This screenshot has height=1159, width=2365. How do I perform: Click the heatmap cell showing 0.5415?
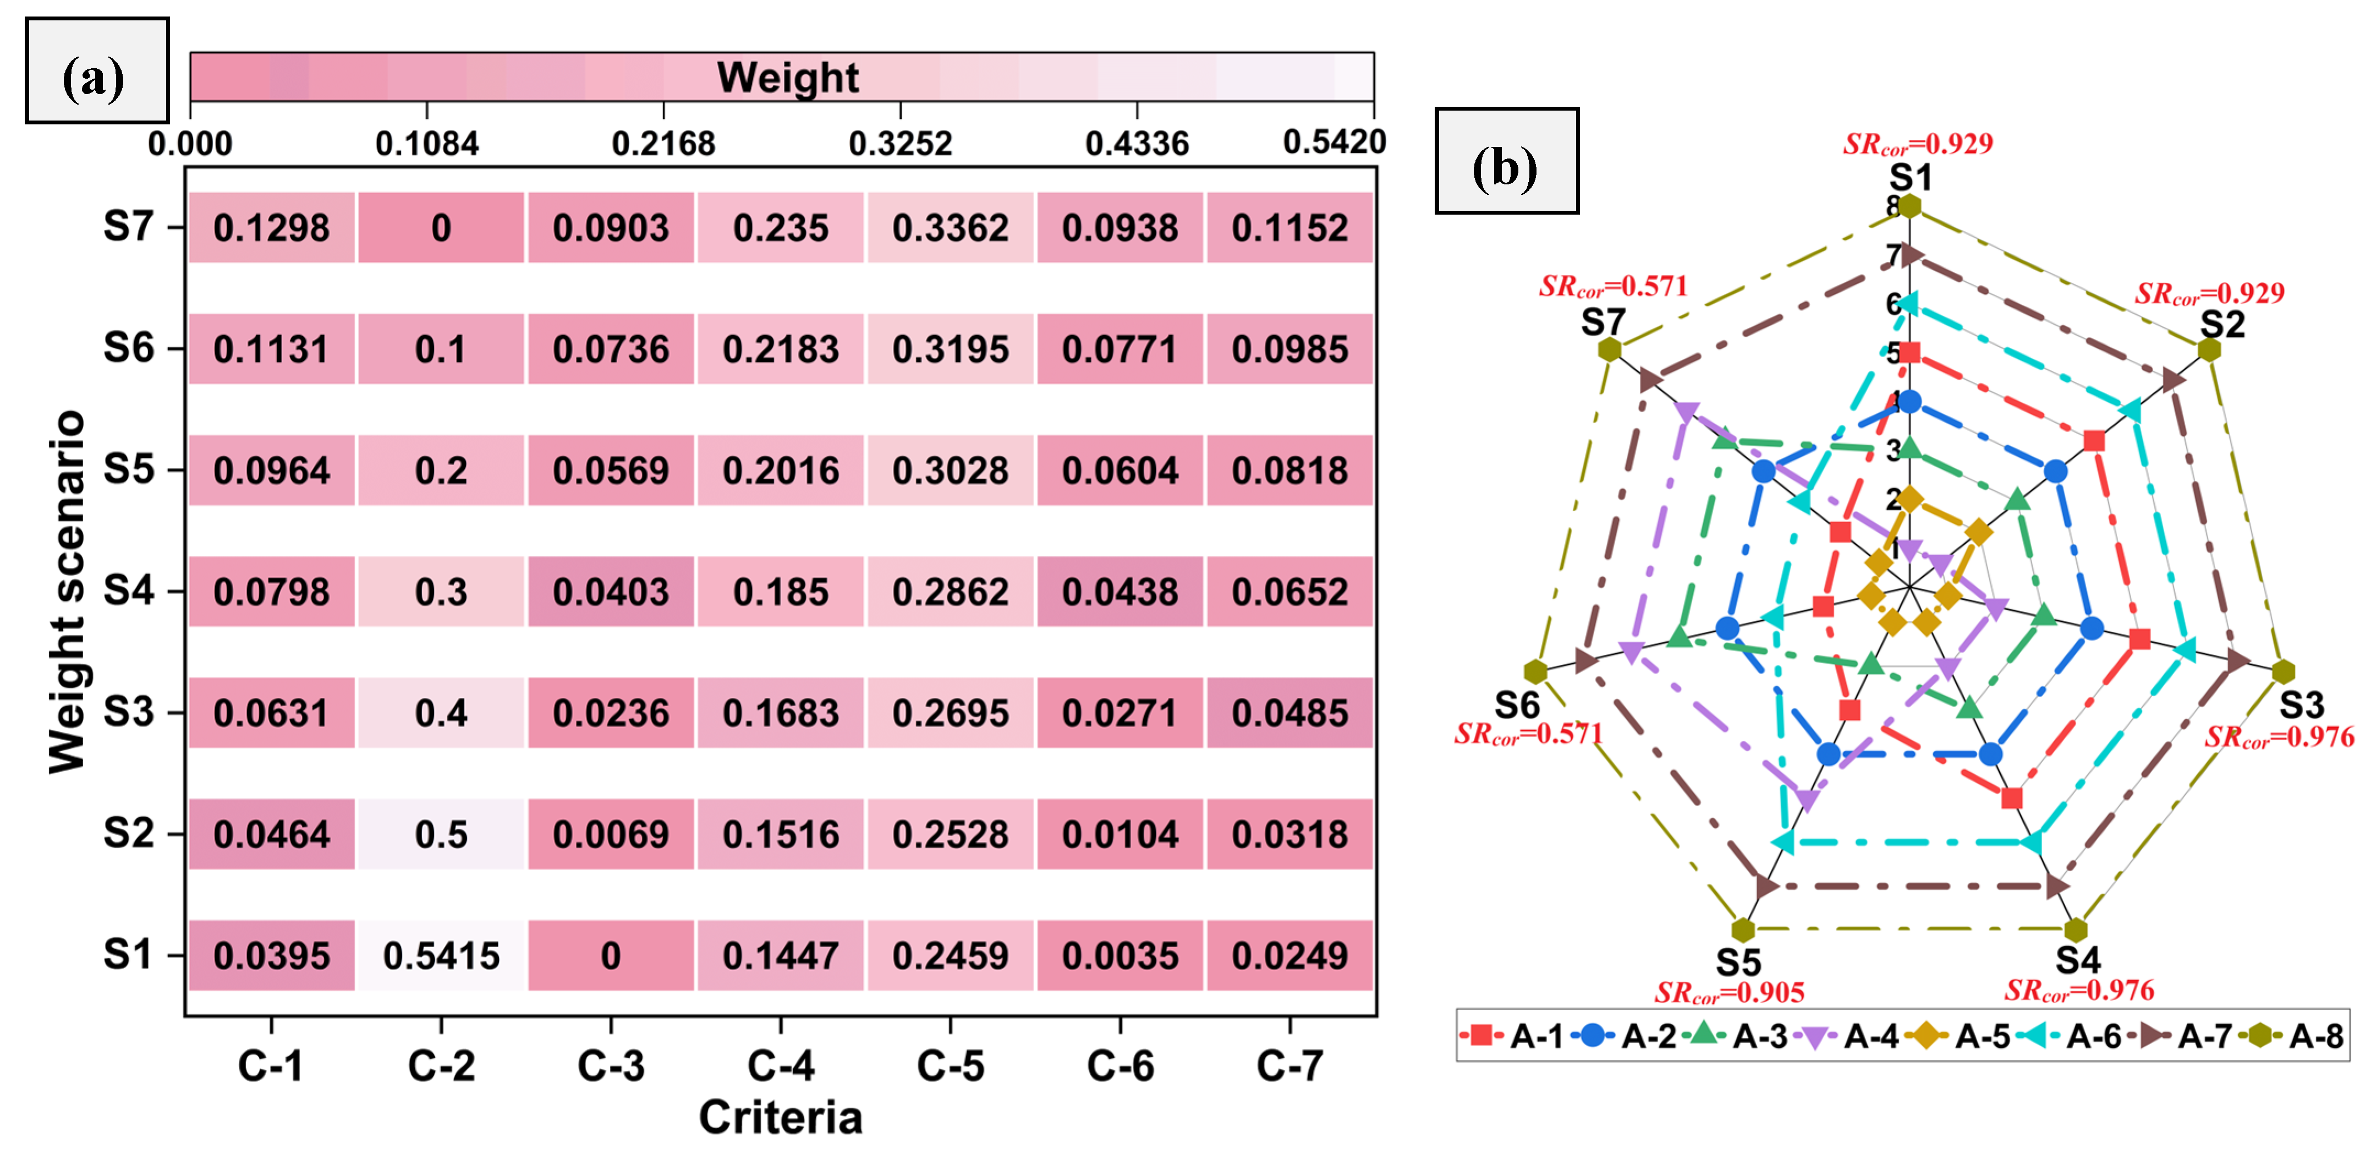441,956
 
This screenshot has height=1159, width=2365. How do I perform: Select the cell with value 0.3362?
950,228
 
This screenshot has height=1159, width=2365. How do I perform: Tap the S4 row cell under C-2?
441,592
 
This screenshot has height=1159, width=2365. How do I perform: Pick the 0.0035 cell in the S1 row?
1120,956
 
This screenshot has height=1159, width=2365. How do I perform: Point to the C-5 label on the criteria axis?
950,1066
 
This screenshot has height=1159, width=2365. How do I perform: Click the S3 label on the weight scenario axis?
129,713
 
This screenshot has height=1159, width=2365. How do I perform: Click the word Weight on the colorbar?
788,77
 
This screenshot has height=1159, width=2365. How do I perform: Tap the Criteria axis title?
781,1118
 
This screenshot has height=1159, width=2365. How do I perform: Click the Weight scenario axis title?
67,592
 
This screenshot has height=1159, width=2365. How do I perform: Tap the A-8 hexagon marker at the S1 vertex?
1909,206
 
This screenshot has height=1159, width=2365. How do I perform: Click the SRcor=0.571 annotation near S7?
1613,287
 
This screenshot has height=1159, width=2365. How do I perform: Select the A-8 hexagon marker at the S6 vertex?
1535,671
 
